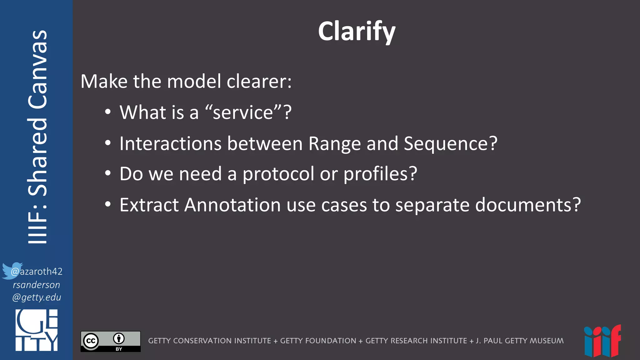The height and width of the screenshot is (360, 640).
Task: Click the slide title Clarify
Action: [357, 31]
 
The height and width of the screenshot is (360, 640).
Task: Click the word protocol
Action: [278, 174]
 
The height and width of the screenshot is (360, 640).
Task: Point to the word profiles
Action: [380, 174]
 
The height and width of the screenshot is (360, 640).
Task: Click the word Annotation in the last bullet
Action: [232, 205]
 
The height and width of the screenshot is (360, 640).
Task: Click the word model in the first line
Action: [194, 82]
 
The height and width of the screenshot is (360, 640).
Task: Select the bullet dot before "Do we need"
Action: [108, 173]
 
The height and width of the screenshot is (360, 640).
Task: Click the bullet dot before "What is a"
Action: [108, 112]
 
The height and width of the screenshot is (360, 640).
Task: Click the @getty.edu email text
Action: [37, 297]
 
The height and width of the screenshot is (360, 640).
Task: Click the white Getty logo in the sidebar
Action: [37, 330]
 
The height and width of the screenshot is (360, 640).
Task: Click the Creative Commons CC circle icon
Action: [91, 341]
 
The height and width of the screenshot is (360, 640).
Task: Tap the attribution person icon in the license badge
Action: [119, 338]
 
